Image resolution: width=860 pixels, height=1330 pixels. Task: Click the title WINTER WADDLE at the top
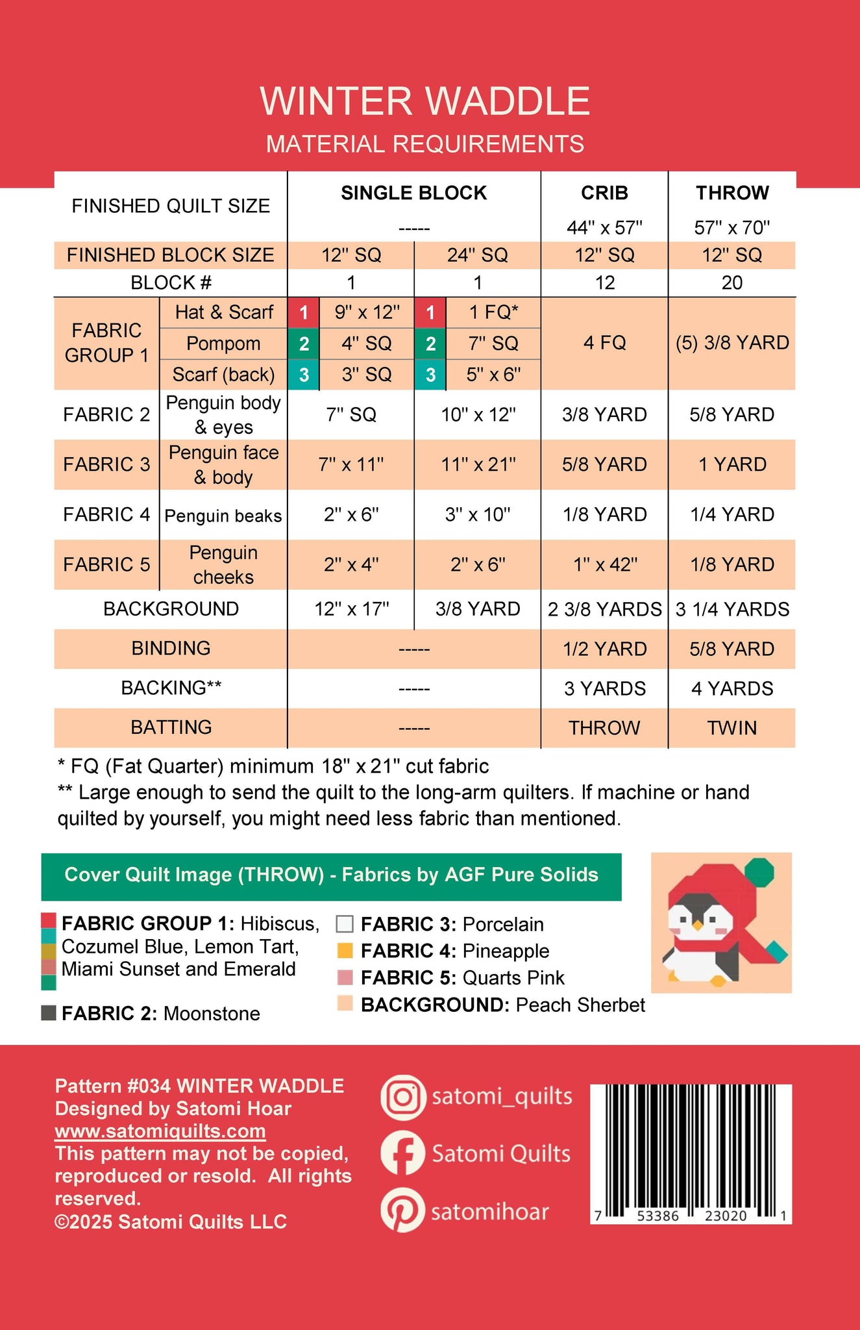click(425, 101)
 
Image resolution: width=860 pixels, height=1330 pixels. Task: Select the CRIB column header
click(604, 193)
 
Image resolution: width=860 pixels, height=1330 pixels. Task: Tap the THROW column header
click(732, 193)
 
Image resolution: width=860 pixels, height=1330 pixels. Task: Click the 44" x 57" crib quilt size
click(604, 228)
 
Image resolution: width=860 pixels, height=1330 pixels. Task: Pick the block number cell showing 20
click(732, 283)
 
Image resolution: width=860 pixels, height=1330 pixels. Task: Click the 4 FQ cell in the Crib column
click(604, 343)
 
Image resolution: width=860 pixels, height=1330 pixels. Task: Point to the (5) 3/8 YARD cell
click(732, 343)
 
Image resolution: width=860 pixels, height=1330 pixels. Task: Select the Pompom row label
click(223, 344)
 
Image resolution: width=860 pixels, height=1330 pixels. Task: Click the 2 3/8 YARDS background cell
click(604, 609)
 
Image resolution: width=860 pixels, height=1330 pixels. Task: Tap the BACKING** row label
click(171, 688)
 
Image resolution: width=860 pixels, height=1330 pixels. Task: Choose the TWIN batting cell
click(732, 728)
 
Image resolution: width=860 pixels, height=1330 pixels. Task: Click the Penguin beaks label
click(223, 516)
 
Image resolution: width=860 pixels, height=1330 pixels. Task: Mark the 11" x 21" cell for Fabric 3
click(478, 465)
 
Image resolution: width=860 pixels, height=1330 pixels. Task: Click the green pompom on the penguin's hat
click(759, 872)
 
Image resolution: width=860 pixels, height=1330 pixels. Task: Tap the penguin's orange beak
click(698, 923)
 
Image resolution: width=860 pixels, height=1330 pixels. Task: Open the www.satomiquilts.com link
click(160, 1131)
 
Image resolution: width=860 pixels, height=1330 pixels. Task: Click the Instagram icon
click(403, 1097)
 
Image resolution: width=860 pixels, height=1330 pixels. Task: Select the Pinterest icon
click(403, 1212)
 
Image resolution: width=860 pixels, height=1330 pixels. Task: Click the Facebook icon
click(403, 1154)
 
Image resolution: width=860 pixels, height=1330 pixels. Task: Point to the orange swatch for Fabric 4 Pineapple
click(345, 951)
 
